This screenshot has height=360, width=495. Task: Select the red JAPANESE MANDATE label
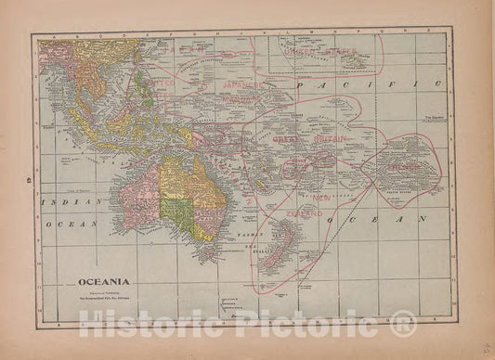(x=244, y=88)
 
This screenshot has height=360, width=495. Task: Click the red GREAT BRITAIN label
(x=309, y=138)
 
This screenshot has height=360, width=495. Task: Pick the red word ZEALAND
(x=305, y=213)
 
